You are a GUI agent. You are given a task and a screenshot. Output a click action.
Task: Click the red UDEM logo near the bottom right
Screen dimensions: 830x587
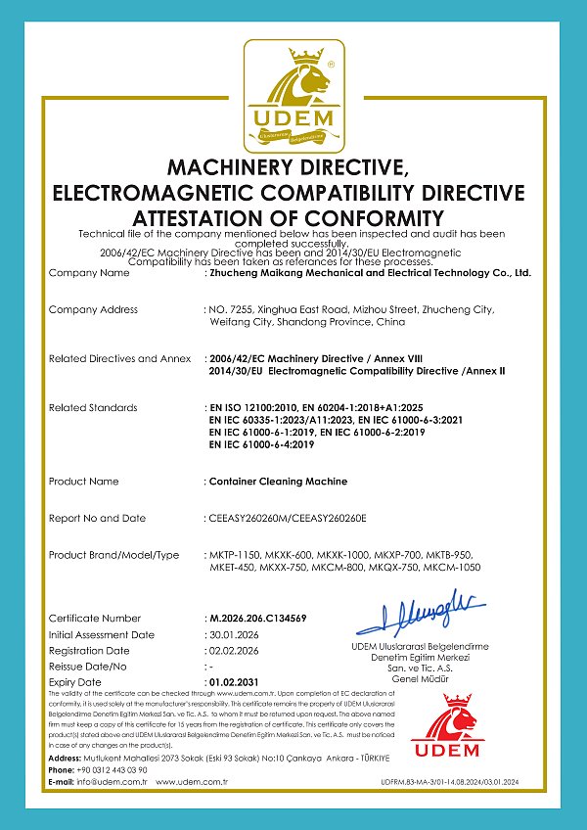click(446, 726)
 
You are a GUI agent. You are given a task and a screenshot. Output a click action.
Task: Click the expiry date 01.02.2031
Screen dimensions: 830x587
click(236, 681)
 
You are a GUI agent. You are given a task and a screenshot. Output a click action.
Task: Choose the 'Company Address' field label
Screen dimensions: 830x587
click(93, 309)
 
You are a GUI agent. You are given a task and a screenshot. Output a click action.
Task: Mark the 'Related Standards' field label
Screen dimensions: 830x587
click(93, 407)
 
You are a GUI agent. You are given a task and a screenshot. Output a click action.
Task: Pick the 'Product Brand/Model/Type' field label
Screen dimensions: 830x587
click(113, 555)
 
